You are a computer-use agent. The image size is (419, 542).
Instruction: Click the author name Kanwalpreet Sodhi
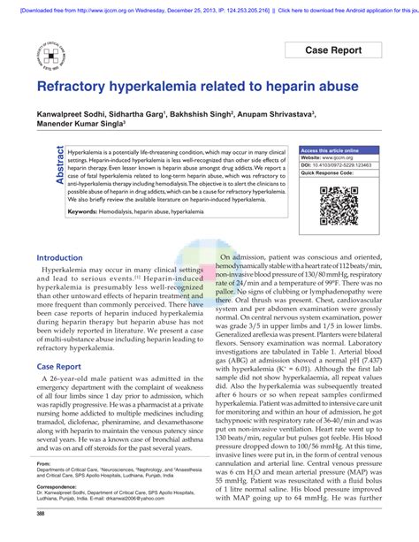click(74, 115)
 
